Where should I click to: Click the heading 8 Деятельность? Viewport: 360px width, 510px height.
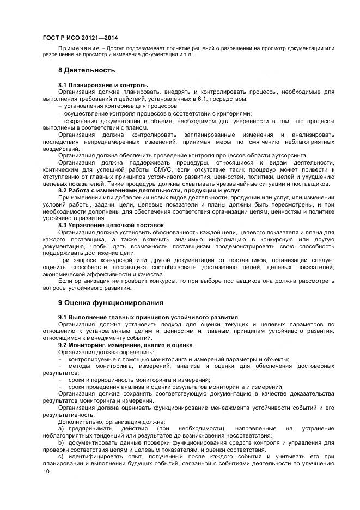87,70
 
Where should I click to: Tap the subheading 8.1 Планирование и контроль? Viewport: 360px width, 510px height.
103,86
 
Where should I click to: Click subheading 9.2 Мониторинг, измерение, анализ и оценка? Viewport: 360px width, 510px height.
125,345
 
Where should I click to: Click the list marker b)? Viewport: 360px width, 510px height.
61,443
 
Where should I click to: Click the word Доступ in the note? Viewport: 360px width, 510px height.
118,48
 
